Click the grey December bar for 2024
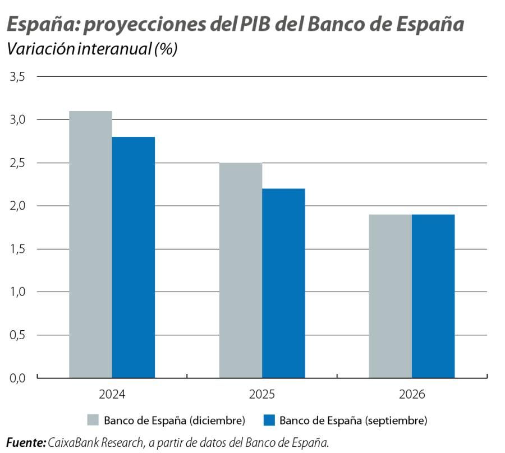(90, 244)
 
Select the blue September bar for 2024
(134, 257)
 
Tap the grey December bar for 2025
(241, 270)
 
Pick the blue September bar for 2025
(283, 283)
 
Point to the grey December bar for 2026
(390, 296)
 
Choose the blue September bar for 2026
(433, 296)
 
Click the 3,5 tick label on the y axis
(19, 77)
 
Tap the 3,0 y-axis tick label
(19, 120)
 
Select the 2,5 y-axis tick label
(19, 163)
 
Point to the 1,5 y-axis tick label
(19, 249)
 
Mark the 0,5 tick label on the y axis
(19, 335)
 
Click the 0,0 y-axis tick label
(19, 378)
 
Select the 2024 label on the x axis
(112, 395)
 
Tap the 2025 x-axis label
(262, 395)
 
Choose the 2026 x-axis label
(412, 395)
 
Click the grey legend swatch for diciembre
(93, 420)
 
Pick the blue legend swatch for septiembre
(269, 420)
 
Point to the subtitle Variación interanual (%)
(91, 49)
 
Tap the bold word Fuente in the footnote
(26, 442)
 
